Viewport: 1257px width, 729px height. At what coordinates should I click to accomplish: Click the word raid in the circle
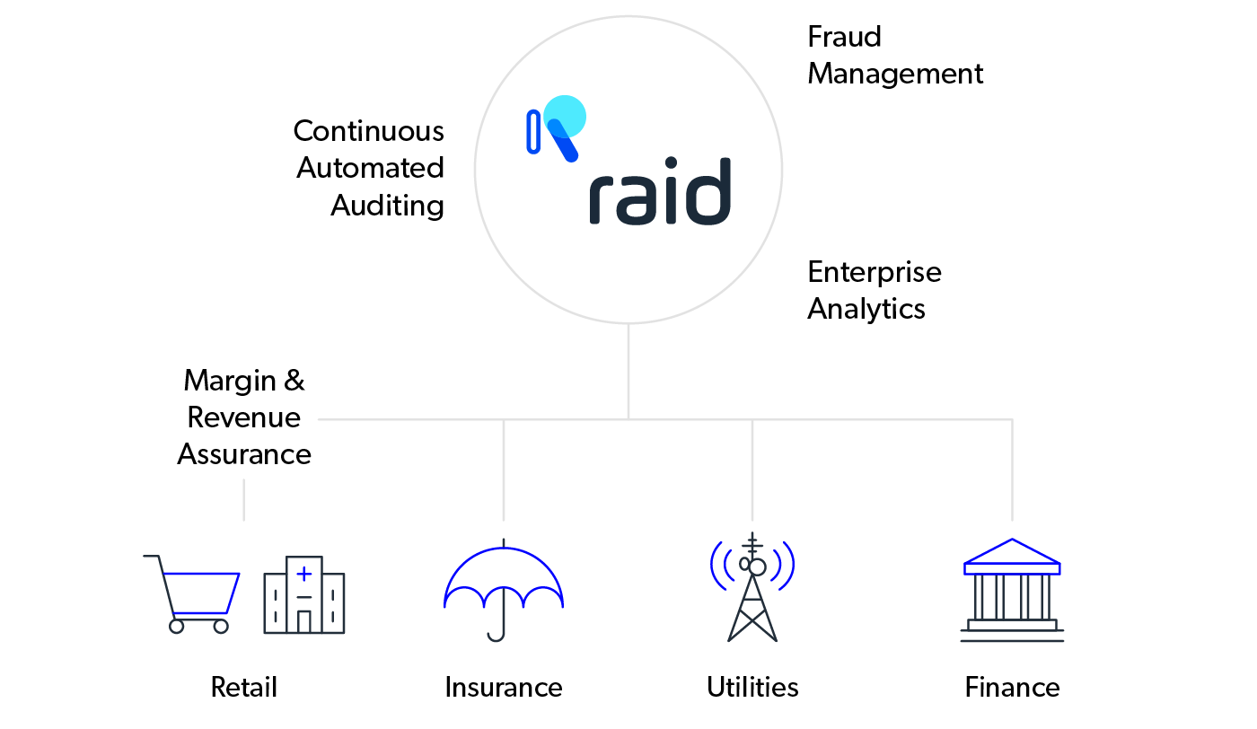coord(660,192)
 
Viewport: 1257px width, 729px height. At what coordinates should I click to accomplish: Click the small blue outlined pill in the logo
coord(533,131)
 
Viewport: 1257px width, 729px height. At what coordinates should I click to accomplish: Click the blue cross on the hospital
coord(304,573)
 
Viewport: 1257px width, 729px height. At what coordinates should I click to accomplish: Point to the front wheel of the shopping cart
coord(221,626)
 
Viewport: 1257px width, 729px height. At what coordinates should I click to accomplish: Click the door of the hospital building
coord(304,621)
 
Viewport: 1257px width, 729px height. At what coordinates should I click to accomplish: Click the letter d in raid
coord(710,192)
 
